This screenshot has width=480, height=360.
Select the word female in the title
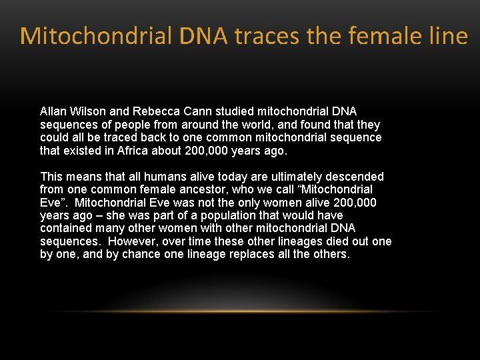pos(384,36)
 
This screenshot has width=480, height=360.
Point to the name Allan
pos(53,112)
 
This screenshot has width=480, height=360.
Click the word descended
pos(355,177)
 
